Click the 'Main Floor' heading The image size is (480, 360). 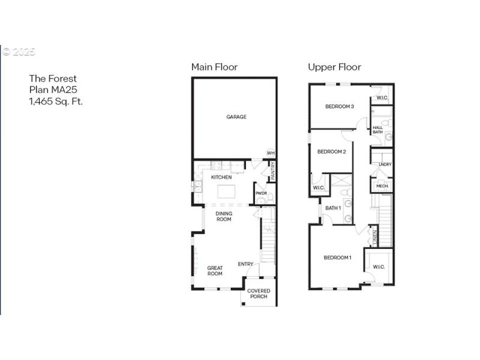tap(214, 67)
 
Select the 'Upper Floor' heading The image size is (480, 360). tap(334, 67)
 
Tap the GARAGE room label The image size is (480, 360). tap(236, 117)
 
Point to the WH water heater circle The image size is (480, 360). tap(271, 153)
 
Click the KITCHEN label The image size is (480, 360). tap(221, 177)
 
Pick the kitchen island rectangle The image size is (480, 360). tap(227, 192)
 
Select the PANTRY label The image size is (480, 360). tap(272, 171)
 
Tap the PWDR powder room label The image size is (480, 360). tap(261, 193)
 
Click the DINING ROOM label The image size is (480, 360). tap(224, 216)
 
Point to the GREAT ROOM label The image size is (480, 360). tap(215, 271)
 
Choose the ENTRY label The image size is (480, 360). tap(245, 264)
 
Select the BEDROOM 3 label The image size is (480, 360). tap(339, 106)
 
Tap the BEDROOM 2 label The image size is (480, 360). tap(331, 151)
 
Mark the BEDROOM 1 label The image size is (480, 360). tap(337, 257)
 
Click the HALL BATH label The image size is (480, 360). tap(378, 130)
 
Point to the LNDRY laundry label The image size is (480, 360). tap(385, 164)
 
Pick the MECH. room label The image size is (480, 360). tap(382, 187)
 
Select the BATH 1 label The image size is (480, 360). tap(332, 208)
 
